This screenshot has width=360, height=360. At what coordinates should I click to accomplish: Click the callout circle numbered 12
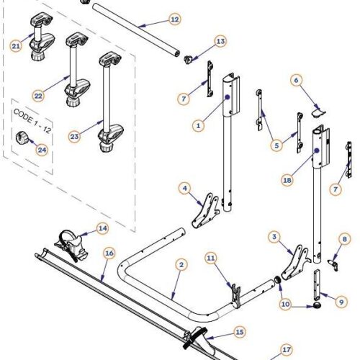(175, 19)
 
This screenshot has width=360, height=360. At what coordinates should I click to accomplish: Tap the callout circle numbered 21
(16, 45)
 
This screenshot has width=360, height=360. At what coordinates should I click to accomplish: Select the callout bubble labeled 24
(41, 150)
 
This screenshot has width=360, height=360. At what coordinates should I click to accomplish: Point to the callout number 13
(220, 42)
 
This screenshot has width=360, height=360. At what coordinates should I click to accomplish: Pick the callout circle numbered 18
(295, 81)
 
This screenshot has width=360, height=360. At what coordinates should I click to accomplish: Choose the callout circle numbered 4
(185, 189)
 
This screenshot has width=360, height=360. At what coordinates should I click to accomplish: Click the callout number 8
(344, 239)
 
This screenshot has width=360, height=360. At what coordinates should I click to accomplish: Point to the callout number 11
(210, 257)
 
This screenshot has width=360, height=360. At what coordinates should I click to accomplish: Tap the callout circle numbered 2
(181, 265)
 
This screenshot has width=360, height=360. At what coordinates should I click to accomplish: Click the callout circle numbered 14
(102, 228)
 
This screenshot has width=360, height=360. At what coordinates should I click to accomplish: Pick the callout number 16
(109, 253)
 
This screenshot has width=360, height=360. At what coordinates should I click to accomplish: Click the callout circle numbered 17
(286, 348)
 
